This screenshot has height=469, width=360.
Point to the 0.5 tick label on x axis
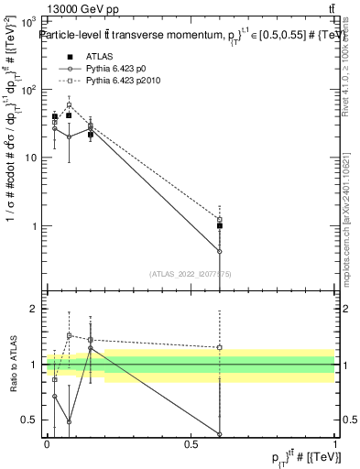tap(191, 444)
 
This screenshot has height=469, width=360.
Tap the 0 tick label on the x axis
tap(47, 444)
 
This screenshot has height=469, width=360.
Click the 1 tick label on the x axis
tap(335, 444)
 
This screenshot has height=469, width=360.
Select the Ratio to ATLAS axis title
tap(12, 365)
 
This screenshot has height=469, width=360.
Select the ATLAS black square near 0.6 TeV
tap(220, 225)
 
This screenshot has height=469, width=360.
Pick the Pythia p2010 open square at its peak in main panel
tap(69, 105)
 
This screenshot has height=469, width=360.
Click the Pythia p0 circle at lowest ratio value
tap(220, 434)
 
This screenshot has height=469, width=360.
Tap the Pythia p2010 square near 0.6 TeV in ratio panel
tap(220, 347)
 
